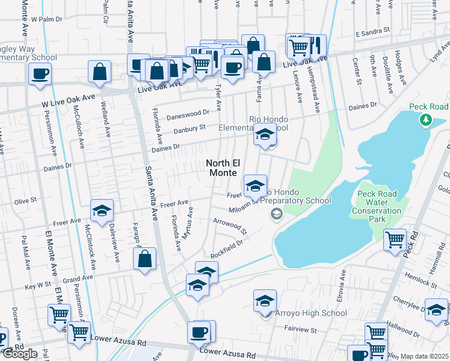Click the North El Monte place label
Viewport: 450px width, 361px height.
[226, 167]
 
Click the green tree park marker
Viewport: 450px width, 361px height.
[426, 120]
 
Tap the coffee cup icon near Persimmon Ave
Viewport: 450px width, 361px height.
[40, 75]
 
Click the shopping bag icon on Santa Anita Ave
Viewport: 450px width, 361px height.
[145, 260]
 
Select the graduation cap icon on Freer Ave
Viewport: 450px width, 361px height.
[102, 211]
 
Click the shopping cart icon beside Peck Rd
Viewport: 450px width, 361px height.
[395, 240]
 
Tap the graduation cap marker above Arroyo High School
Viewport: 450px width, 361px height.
[265, 300]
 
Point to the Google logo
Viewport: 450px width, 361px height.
[20, 354]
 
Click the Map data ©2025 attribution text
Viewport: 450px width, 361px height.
[425, 356]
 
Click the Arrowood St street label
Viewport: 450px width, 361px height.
[230, 226]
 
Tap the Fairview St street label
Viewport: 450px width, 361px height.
[300, 330]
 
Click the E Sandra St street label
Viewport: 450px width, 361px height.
[372, 29]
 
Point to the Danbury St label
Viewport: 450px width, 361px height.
[190, 128]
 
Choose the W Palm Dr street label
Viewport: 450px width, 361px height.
[46, 19]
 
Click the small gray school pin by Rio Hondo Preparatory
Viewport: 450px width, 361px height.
[276, 214]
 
